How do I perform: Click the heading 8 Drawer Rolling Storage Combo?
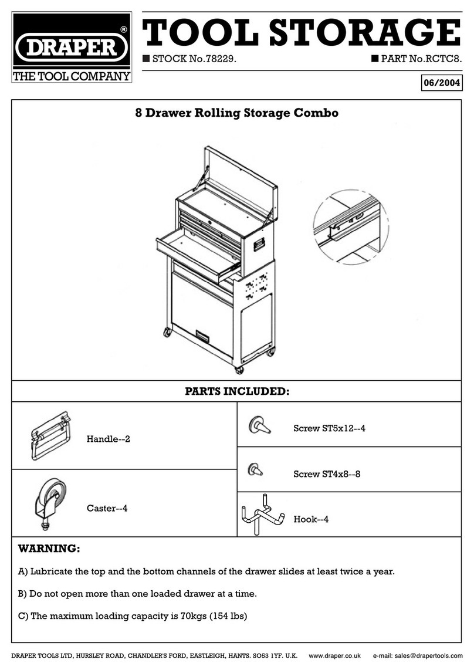coord(237,113)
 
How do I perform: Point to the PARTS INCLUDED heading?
coord(237,391)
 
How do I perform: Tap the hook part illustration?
coord(262,515)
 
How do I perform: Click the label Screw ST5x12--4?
coord(329,428)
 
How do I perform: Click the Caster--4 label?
coord(107,508)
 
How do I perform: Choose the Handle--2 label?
coord(108,439)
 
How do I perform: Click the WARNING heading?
coord(49,550)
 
